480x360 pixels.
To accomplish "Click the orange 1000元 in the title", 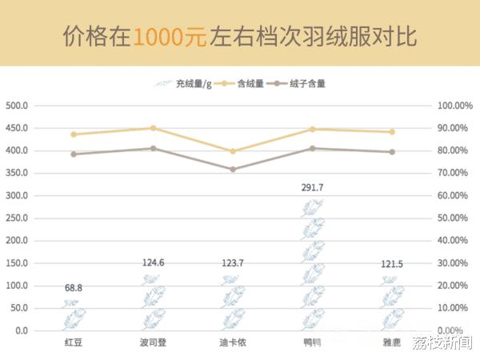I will tap(171, 37).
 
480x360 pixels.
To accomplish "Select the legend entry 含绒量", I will tap(250, 83).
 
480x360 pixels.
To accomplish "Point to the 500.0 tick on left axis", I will tap(17, 106).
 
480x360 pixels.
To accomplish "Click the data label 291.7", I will tap(312, 187).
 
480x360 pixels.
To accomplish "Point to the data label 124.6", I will tap(153, 263).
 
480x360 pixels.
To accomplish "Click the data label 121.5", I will tap(391, 264).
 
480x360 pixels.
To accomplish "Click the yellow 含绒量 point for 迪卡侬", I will tap(233, 151).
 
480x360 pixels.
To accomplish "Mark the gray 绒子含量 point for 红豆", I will tap(74, 154).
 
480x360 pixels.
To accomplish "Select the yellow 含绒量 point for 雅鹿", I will tap(391, 132).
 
